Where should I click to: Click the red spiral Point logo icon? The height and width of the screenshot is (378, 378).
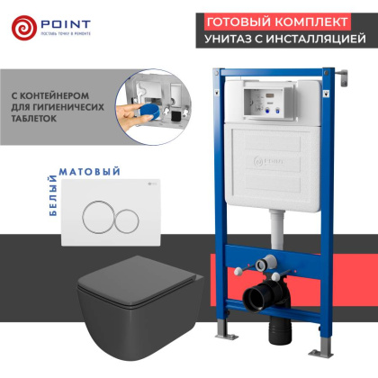[x=25, y=26]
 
